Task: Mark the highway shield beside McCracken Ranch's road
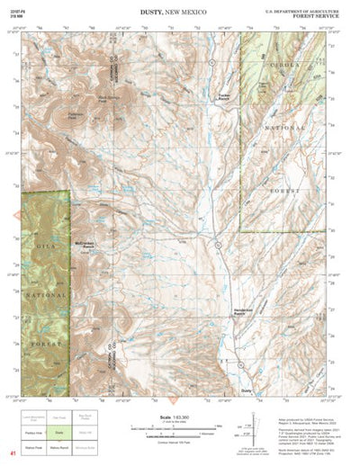217,245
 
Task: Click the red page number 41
13,454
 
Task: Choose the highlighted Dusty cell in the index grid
60,432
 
